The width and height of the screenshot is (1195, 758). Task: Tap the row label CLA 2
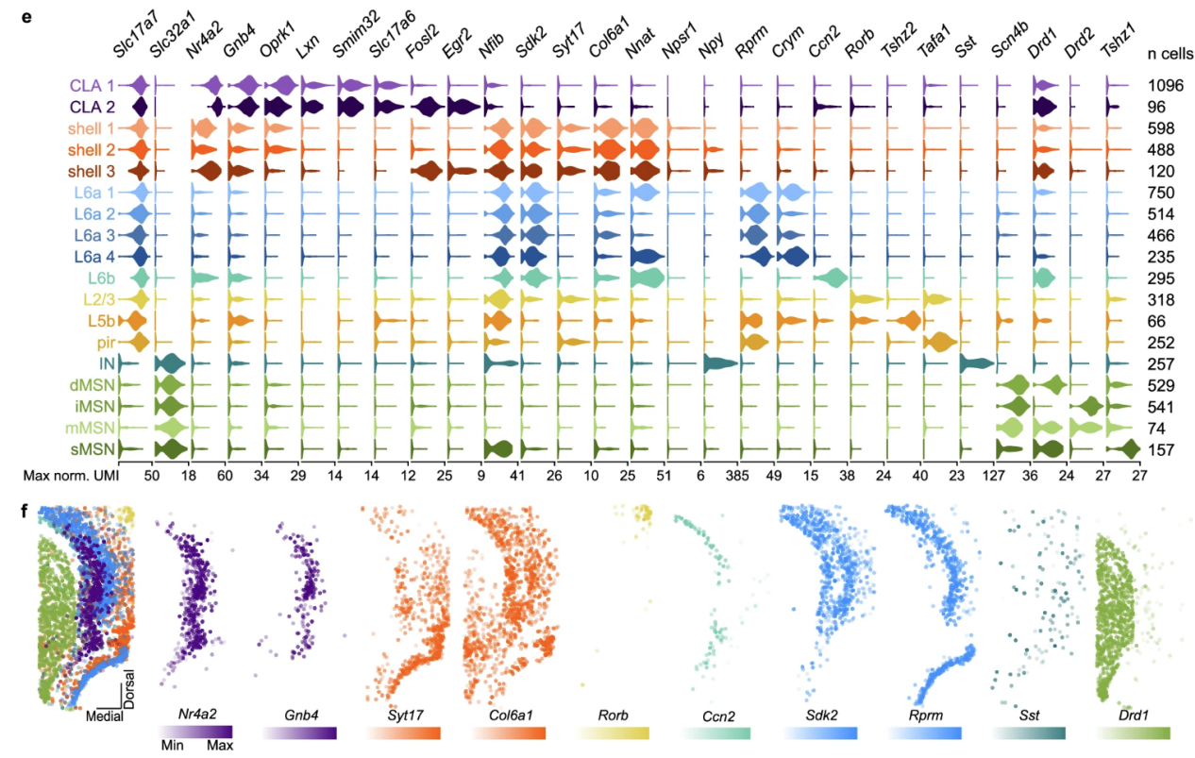click(99, 106)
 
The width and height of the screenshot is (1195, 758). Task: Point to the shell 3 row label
click(95, 171)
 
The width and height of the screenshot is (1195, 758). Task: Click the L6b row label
click(109, 278)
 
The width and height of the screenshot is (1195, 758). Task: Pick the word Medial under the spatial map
click(103, 716)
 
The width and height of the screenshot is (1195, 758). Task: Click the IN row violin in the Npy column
click(720, 364)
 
